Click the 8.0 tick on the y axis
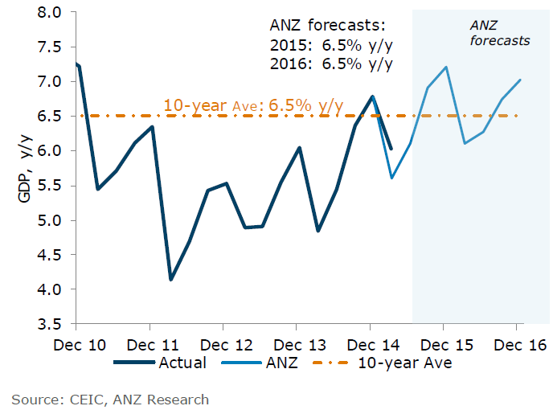coord(50,13)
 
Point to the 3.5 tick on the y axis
coord(50,325)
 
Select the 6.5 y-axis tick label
coord(50,117)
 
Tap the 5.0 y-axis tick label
coord(50,221)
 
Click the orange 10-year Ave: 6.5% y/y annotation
coord(253,105)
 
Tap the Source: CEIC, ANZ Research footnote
coord(110,399)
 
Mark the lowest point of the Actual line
coord(170,280)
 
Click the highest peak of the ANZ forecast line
coord(445,68)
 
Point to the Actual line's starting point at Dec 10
coord(76,64)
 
